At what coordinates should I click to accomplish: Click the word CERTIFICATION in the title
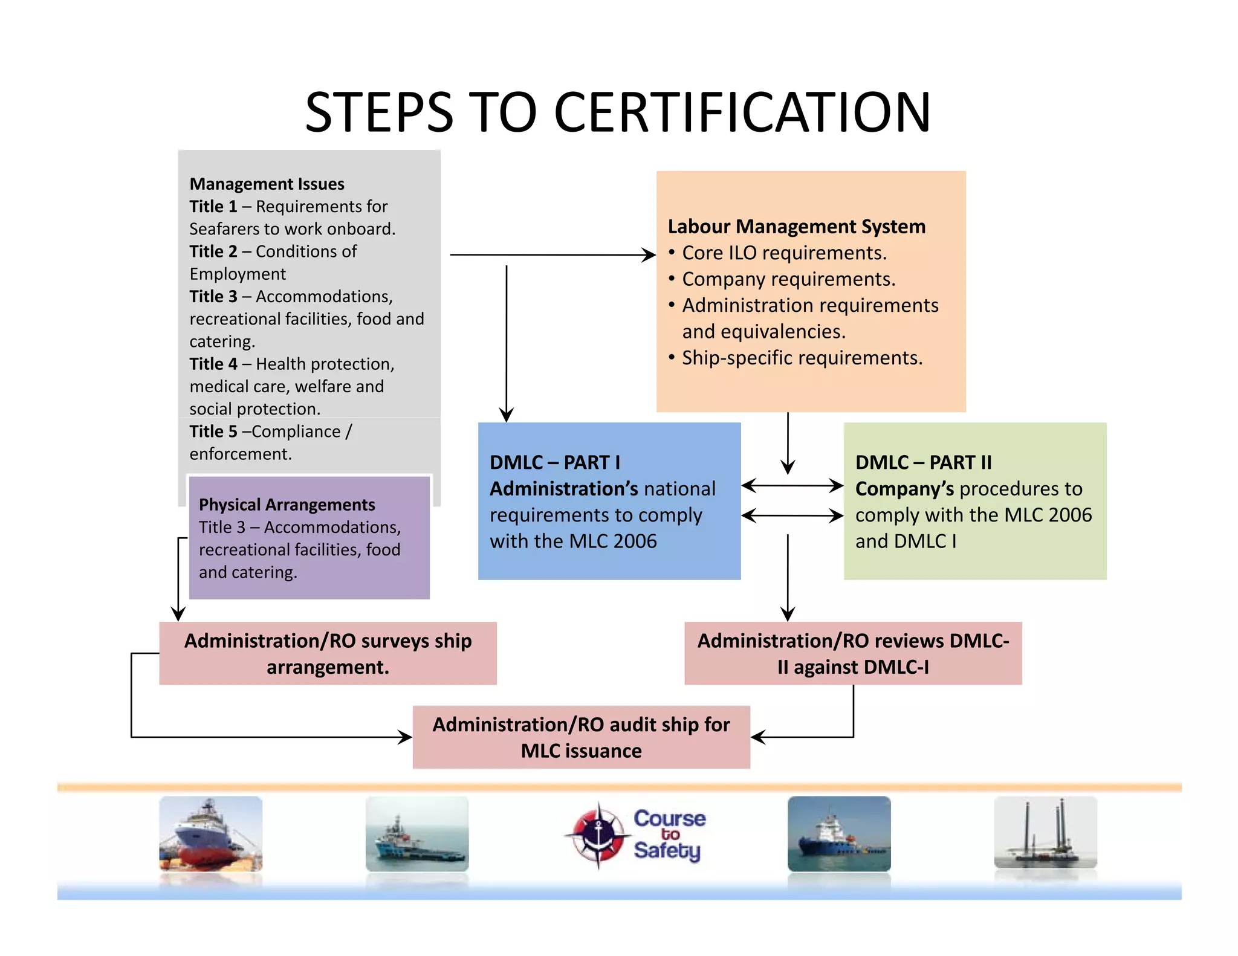pyautogui.click(x=742, y=112)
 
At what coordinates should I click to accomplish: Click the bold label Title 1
pyautogui.click(x=213, y=207)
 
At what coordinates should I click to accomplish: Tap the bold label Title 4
pyautogui.click(x=213, y=364)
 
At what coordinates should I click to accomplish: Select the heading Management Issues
pyautogui.click(x=267, y=184)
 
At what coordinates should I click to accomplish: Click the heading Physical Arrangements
pyautogui.click(x=287, y=505)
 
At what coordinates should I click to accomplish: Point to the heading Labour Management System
pyautogui.click(x=796, y=227)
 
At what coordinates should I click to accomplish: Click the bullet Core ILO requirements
pyautogui.click(x=783, y=253)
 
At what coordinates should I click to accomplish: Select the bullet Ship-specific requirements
pyautogui.click(x=802, y=358)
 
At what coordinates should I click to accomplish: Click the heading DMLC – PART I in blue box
pyautogui.click(x=554, y=462)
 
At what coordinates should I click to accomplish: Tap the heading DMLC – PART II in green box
pyautogui.click(x=923, y=462)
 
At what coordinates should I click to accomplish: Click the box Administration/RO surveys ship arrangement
pyautogui.click(x=328, y=653)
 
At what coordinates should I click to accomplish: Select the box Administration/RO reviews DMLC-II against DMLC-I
pyautogui.click(x=853, y=653)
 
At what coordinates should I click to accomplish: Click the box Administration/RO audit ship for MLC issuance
pyautogui.click(x=581, y=737)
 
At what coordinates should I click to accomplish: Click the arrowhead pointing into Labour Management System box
pyautogui.click(x=649, y=255)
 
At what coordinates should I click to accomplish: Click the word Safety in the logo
pyautogui.click(x=667, y=851)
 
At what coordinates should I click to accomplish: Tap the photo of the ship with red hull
pyautogui.click(x=210, y=834)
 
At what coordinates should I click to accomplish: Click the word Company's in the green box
pyautogui.click(x=904, y=489)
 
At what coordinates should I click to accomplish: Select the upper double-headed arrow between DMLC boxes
pyautogui.click(x=792, y=485)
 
